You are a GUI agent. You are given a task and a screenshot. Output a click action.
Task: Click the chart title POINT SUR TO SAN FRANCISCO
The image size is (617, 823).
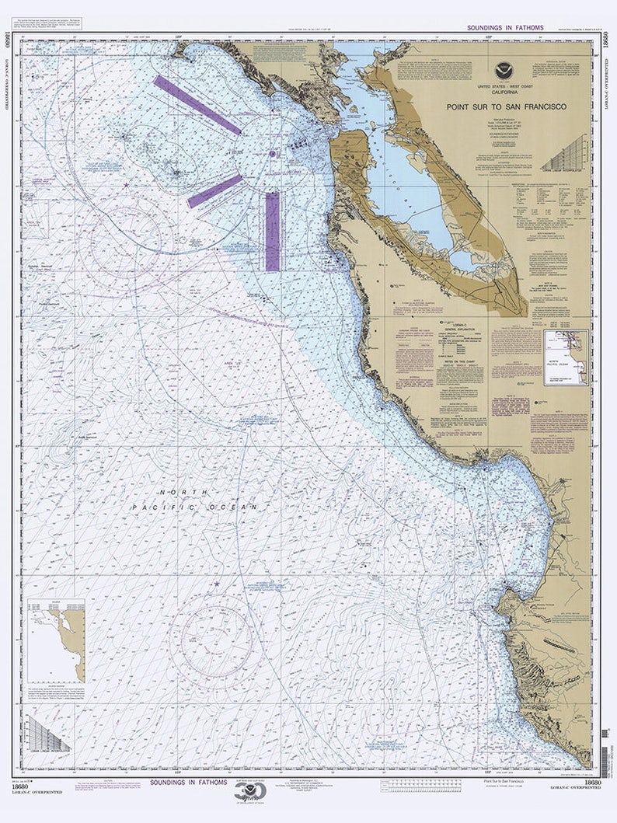click(x=506, y=106)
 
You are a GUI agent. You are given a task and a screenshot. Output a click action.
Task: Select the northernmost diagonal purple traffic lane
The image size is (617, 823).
click(x=197, y=105)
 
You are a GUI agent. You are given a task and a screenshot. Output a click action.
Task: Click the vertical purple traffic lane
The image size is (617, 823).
click(x=272, y=232)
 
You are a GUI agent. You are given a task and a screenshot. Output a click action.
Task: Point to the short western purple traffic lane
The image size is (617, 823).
click(x=214, y=190)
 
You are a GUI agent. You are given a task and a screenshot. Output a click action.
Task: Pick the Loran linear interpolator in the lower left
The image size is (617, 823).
click(x=47, y=735)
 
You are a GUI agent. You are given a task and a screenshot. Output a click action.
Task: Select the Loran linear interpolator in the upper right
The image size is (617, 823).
click(x=565, y=152)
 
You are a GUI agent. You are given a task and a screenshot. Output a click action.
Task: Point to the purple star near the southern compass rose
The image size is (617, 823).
click(x=217, y=584)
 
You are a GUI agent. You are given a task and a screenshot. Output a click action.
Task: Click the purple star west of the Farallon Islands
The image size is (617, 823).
click(x=127, y=184)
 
